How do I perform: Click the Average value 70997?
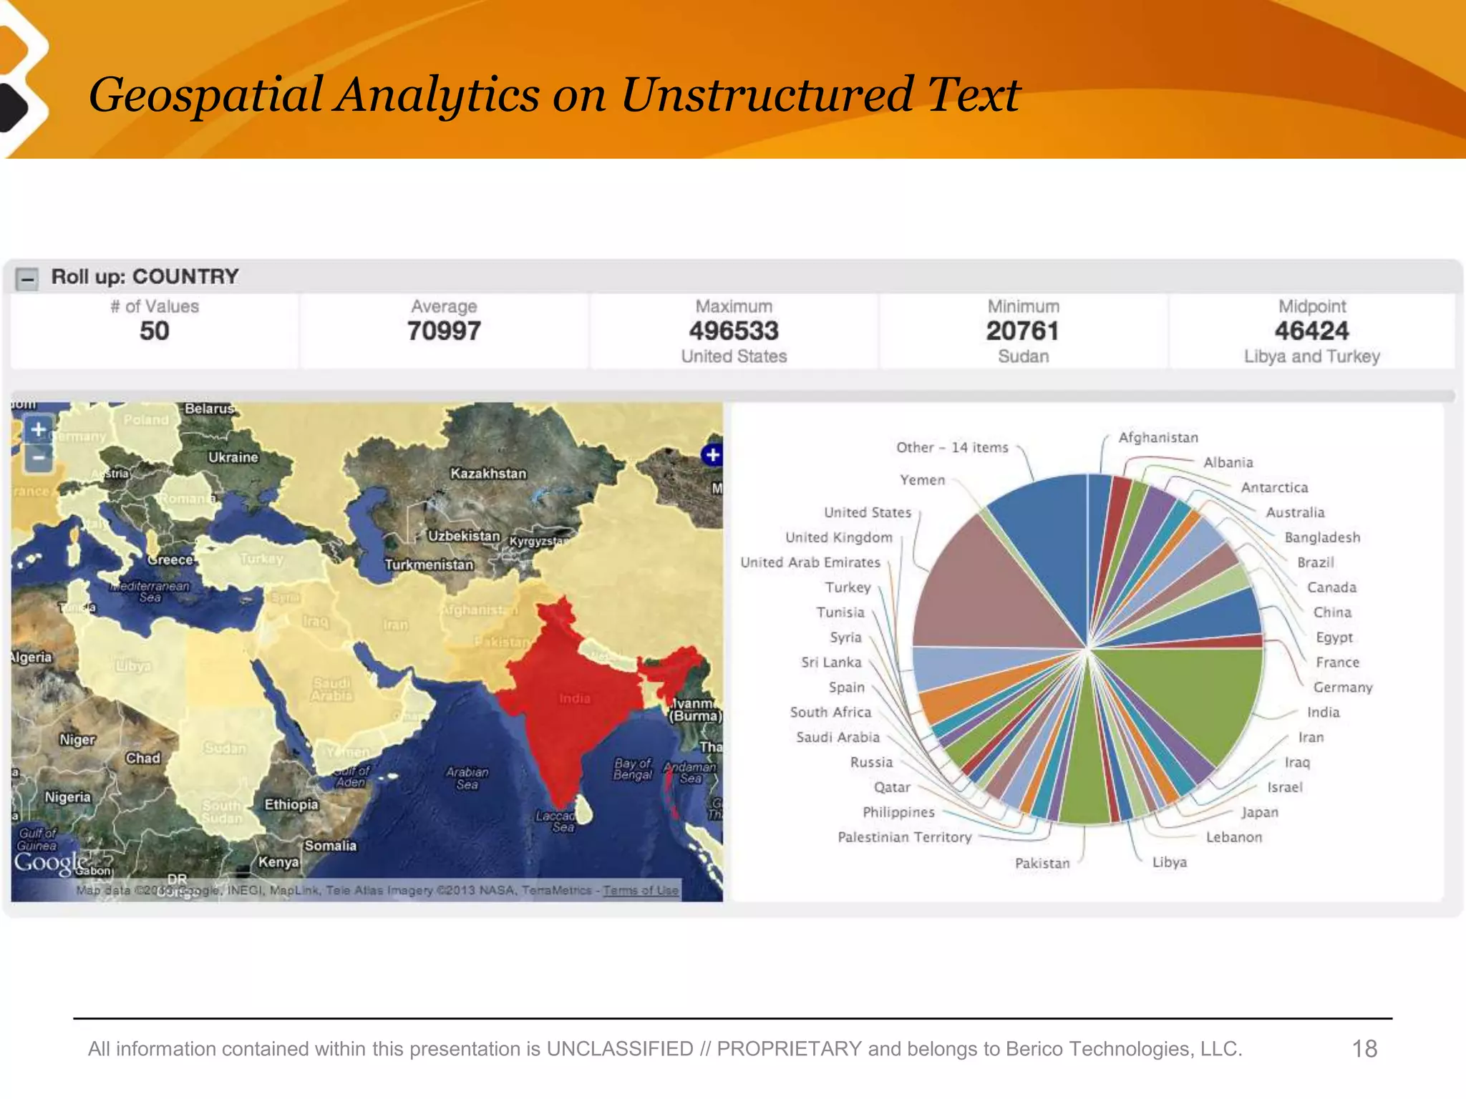pyautogui.click(x=444, y=331)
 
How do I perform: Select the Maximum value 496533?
pyautogui.click(x=734, y=331)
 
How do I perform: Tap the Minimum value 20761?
pyautogui.click(x=1023, y=331)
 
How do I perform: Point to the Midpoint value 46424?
pyautogui.click(x=1311, y=331)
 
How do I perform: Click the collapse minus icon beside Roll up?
pyautogui.click(x=27, y=278)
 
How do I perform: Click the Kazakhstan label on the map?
pyautogui.click(x=488, y=474)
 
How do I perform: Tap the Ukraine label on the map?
pyautogui.click(x=233, y=457)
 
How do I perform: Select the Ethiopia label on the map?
pyautogui.click(x=291, y=804)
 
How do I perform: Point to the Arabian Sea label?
pyautogui.click(x=467, y=778)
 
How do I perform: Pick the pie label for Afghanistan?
pyautogui.click(x=1158, y=438)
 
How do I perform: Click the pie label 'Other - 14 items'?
pyautogui.click(x=952, y=448)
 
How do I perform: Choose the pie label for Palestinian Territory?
pyautogui.click(x=905, y=837)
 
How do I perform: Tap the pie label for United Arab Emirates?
pyautogui.click(x=810, y=562)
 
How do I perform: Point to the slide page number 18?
pyautogui.click(x=1364, y=1049)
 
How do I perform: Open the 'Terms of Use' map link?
pyautogui.click(x=641, y=891)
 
